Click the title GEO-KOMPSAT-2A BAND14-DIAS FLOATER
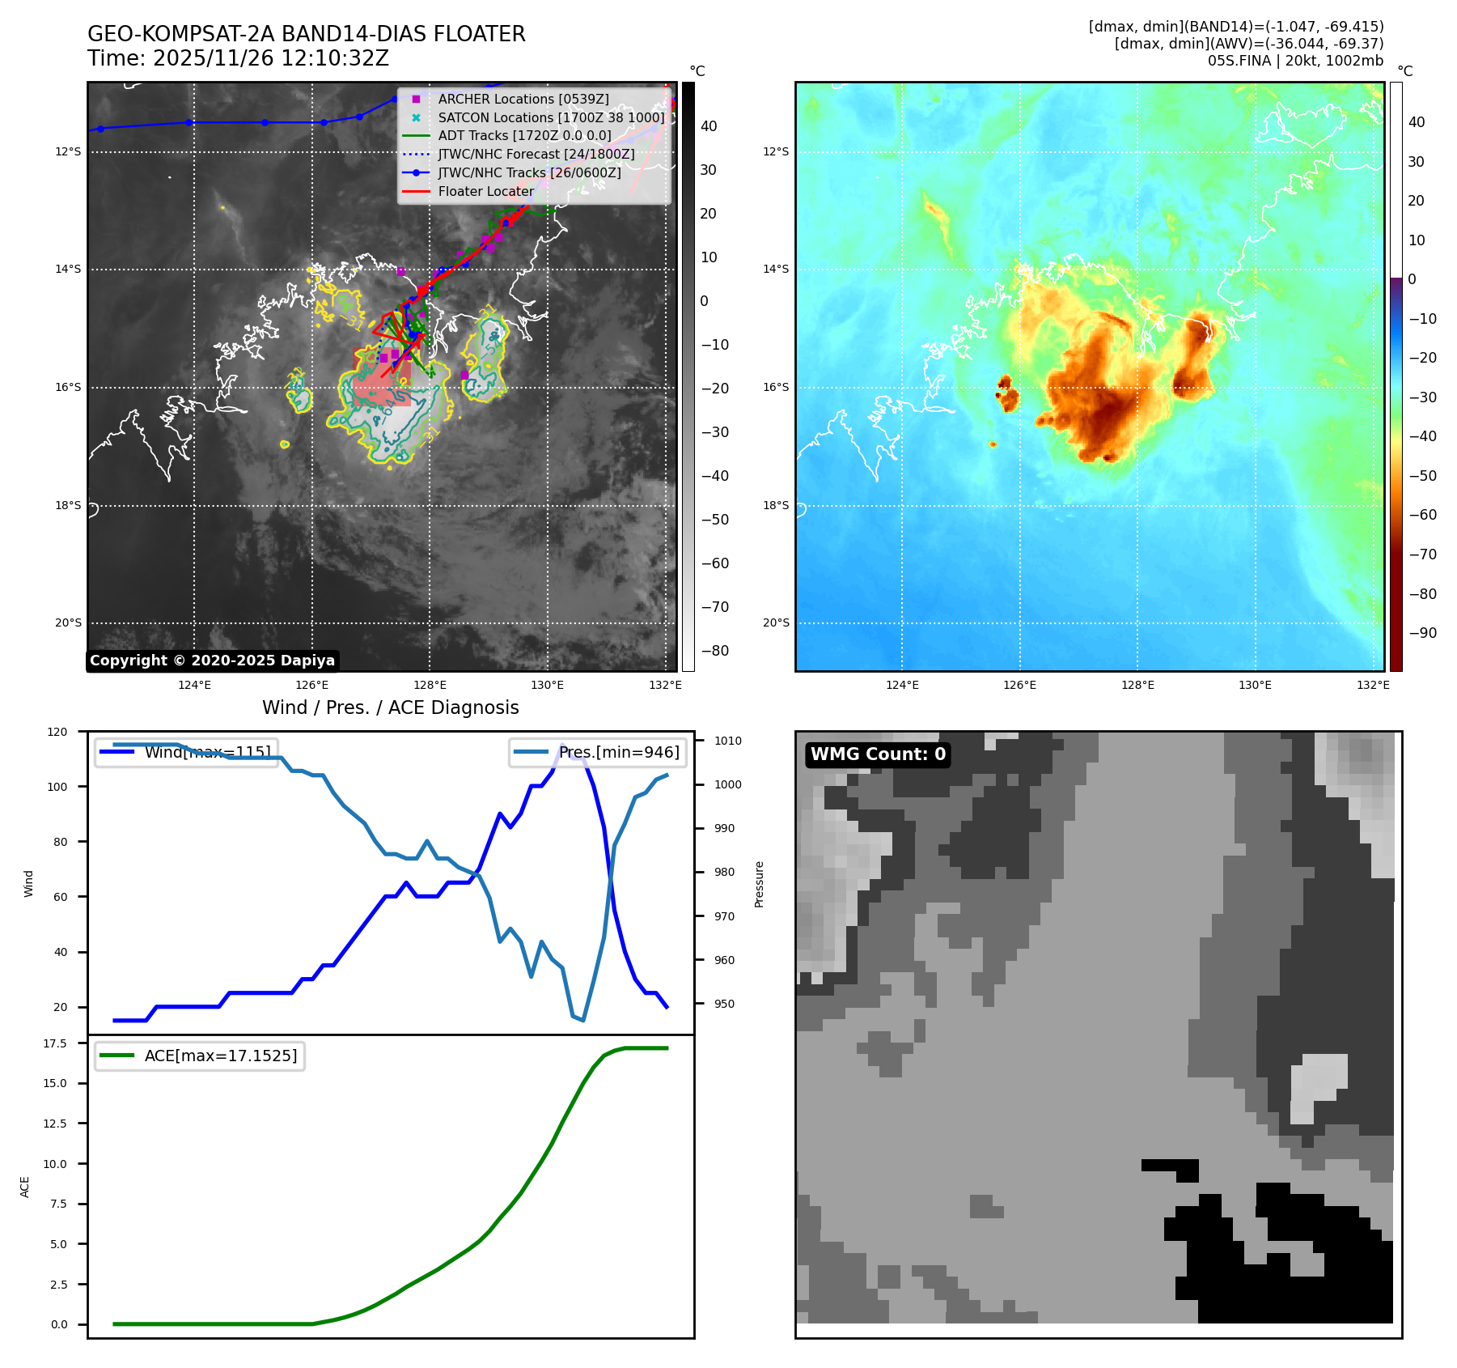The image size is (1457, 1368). [306, 34]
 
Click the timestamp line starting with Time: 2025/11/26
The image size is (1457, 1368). [238, 58]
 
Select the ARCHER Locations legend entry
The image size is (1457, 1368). [523, 99]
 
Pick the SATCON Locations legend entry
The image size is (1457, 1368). [550, 117]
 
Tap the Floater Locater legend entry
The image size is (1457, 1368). [485, 191]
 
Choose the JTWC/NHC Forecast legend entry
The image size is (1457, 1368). [536, 154]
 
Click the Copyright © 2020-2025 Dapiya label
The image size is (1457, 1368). [212, 661]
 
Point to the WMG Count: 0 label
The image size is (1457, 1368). [878, 754]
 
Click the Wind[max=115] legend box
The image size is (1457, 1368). [187, 752]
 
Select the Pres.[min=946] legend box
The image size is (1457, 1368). [598, 752]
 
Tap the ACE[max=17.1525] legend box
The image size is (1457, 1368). [200, 1056]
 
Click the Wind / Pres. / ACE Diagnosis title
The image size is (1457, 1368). [390, 707]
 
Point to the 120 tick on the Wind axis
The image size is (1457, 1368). [57, 732]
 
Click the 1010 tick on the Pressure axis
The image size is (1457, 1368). [727, 741]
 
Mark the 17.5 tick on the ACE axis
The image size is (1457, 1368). [55, 1043]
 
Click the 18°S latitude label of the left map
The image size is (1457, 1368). [68, 505]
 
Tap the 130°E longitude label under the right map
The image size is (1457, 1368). [1255, 685]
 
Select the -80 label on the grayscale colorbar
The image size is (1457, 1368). [714, 651]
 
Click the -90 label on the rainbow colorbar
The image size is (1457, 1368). [1422, 633]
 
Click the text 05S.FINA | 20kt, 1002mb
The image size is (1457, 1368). [1295, 61]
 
